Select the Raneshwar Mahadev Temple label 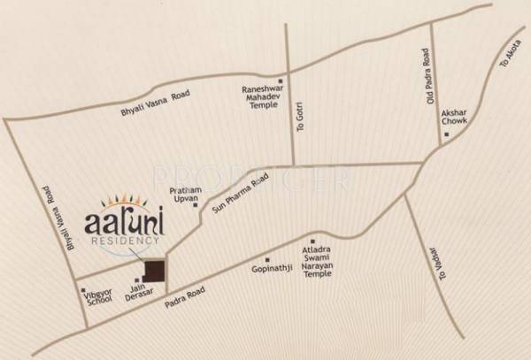pos(262,96)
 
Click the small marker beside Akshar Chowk pos(448,134)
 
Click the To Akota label pos(510,57)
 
